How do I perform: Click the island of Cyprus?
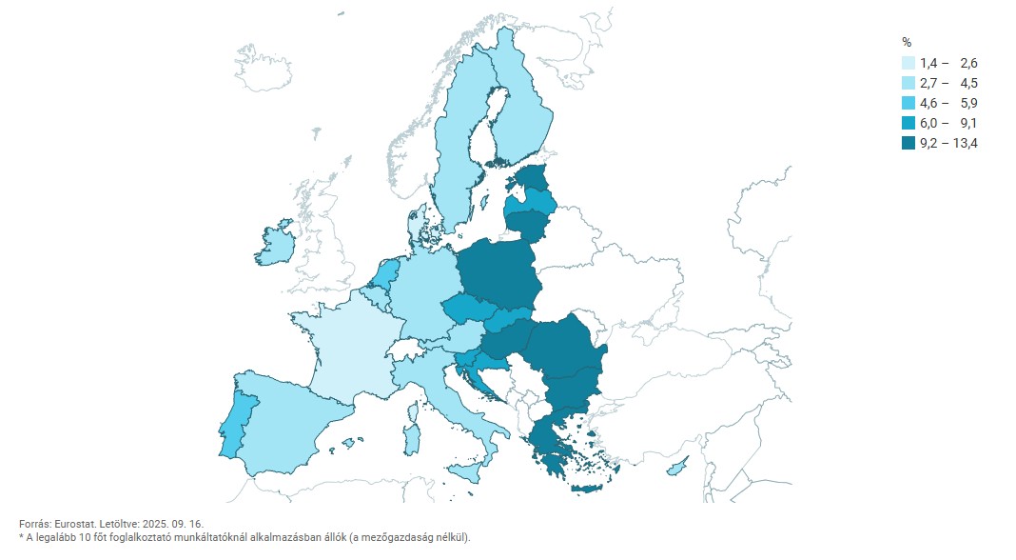(676, 468)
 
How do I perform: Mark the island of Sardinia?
(412, 439)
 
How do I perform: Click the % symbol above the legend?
(907, 42)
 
